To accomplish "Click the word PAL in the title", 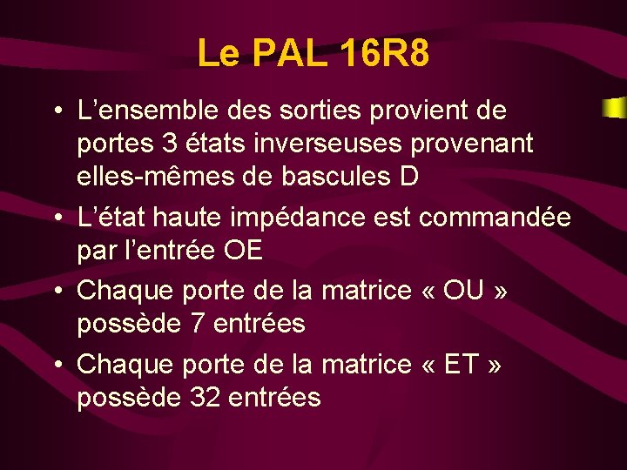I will click(288, 53).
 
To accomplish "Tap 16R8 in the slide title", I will click(382, 53).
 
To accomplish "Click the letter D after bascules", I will click(408, 177).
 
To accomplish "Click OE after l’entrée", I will click(243, 251).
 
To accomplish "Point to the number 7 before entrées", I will click(199, 324).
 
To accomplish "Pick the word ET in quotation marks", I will click(462, 365).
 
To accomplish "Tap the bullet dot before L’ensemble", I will click(56, 112).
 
